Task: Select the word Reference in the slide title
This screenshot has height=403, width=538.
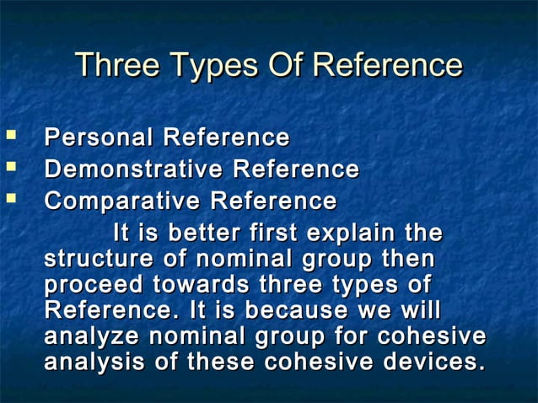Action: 387,65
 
